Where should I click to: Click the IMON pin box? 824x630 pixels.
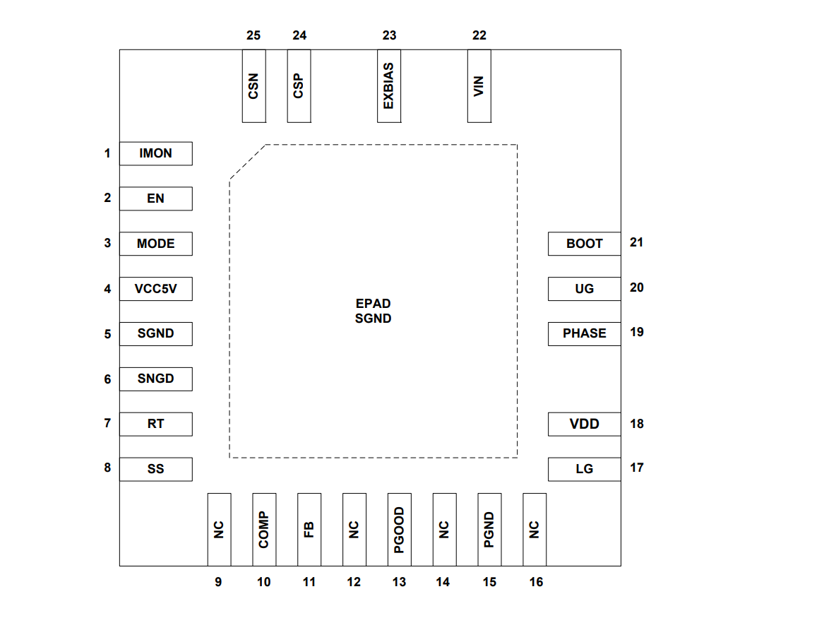coord(155,153)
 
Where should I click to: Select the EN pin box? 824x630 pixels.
coord(155,198)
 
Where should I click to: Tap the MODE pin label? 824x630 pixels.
coord(155,244)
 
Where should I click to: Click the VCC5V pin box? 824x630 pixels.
coord(155,289)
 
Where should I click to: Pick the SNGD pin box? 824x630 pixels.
coord(155,379)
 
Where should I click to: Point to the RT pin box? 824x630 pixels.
coord(155,424)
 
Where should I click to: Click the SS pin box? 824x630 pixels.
coord(155,469)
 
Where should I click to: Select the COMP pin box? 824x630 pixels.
coord(264,529)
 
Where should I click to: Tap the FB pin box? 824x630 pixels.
coord(309,529)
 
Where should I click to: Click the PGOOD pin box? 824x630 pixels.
coord(399,529)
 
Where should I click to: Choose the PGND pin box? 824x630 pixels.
coord(489,529)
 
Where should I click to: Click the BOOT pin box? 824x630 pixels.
coord(584,244)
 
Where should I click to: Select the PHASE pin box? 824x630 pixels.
coord(584,333)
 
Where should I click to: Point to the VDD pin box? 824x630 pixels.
coord(584,424)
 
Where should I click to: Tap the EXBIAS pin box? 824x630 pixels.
coord(388,86)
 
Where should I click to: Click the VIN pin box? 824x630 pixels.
coord(479,86)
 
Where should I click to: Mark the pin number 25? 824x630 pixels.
coord(253,35)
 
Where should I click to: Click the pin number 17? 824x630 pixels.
coord(637,468)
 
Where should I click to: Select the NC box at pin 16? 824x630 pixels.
coord(535,529)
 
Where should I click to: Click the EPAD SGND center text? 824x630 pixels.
coord(373,311)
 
